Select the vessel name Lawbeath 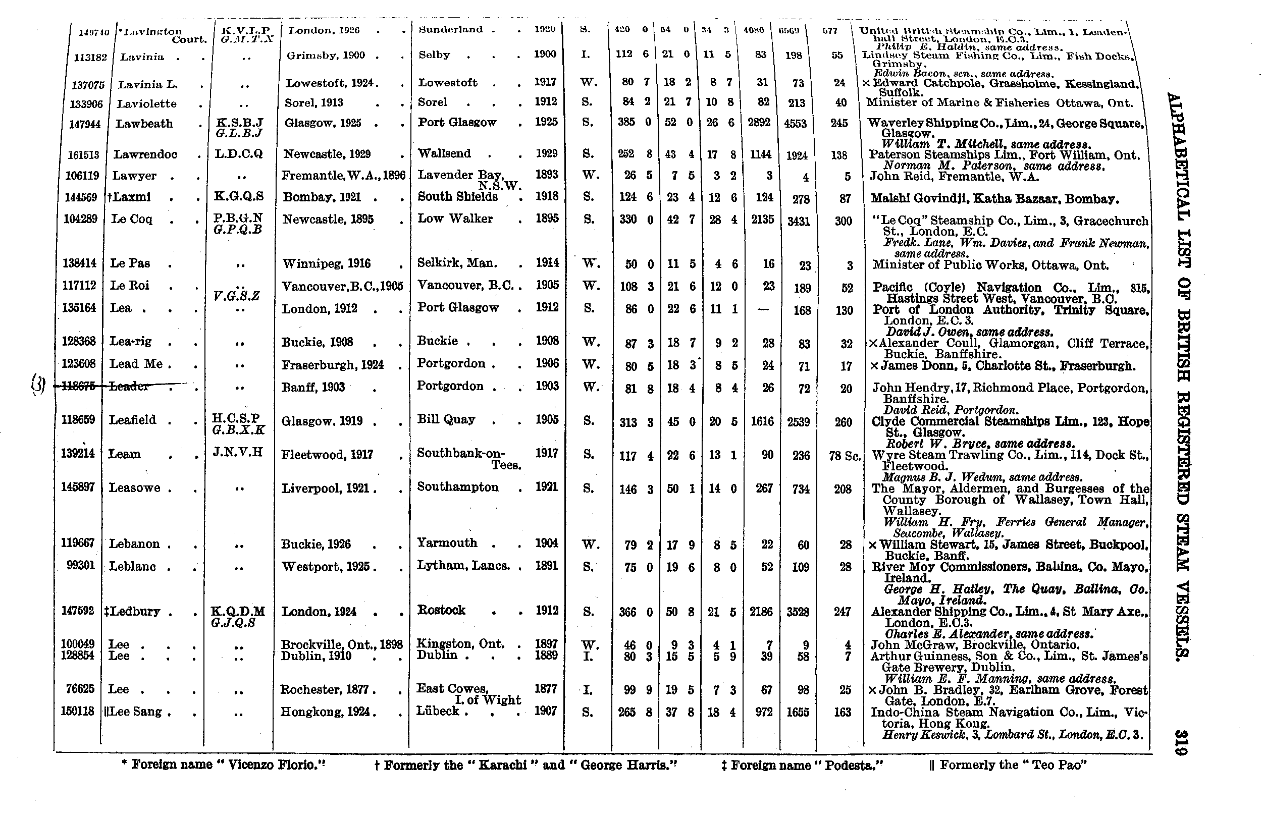pos(144,124)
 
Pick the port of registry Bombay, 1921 pos(322,197)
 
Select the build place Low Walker pos(455,219)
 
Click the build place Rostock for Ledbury pos(442,610)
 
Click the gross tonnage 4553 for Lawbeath pos(795,124)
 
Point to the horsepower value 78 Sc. pos(845,456)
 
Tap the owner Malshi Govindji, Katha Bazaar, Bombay pos(994,199)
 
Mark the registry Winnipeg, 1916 pos(326,263)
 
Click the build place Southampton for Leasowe pos(457,487)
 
